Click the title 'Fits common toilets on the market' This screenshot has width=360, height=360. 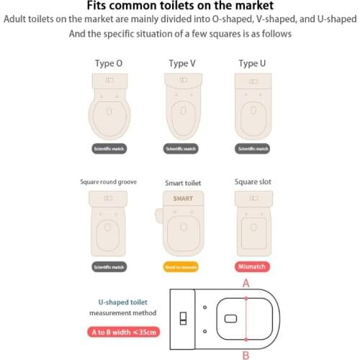(x=180, y=6)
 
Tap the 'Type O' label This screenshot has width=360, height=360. (x=109, y=63)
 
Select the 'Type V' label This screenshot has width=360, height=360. (x=182, y=63)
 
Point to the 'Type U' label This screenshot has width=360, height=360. (x=253, y=63)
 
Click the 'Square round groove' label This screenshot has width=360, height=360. (x=108, y=182)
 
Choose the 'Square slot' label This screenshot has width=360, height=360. (x=252, y=182)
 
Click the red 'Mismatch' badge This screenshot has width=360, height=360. (x=253, y=266)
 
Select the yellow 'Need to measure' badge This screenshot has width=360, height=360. (x=182, y=266)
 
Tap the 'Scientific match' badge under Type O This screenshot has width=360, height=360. (x=109, y=149)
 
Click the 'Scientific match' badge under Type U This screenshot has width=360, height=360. (x=253, y=149)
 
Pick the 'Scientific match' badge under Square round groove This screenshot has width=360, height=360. (x=109, y=266)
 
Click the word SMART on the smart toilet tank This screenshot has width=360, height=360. (x=182, y=198)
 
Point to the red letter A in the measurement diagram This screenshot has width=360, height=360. (x=246, y=284)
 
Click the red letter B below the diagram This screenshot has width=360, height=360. (x=246, y=354)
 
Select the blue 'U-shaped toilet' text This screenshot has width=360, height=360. (x=122, y=303)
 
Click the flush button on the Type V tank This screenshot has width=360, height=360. (x=182, y=79)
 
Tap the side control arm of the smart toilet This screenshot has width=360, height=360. (x=158, y=214)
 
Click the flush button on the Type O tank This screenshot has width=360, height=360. (x=109, y=79)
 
